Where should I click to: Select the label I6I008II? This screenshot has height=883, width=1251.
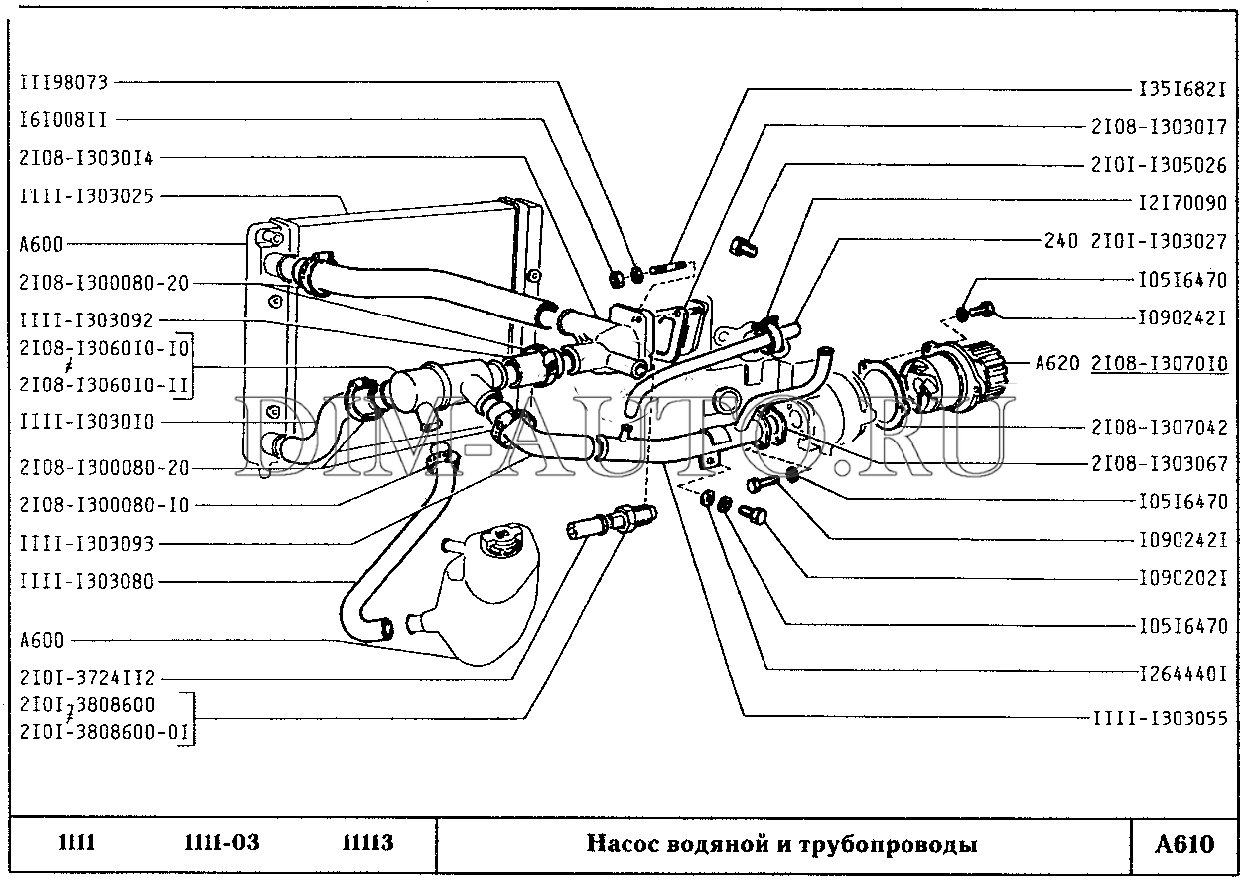tap(63, 119)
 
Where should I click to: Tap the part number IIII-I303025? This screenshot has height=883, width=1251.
tap(86, 195)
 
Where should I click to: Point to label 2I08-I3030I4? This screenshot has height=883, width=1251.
tap(86, 157)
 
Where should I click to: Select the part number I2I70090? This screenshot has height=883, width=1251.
tap(1181, 203)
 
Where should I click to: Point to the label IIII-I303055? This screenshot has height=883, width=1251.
tap(1160, 718)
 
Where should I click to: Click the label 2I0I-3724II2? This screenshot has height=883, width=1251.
tap(86, 679)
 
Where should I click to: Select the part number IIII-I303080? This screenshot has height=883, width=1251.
tap(86, 582)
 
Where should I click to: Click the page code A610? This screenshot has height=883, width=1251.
tap(1184, 844)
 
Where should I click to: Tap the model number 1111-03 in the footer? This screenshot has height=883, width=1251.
tap(221, 844)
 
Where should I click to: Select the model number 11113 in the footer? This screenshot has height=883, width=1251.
tap(367, 844)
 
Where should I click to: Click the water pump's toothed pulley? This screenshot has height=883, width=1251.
tap(986, 363)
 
